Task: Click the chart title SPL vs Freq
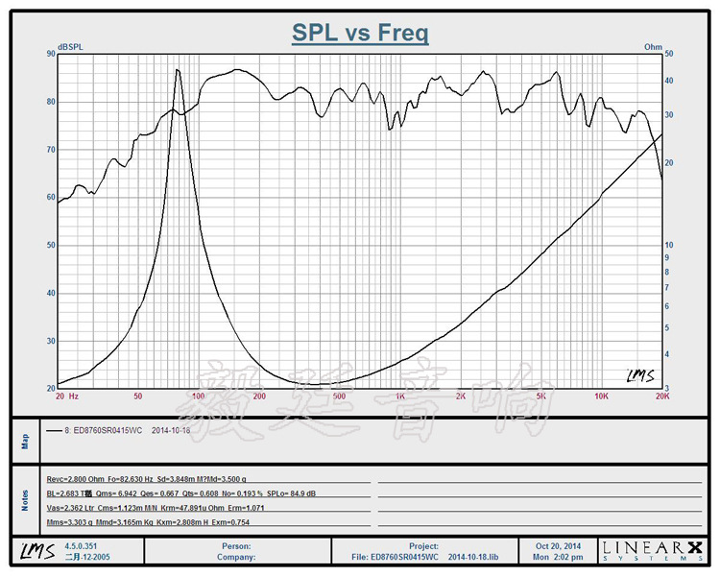coord(360,34)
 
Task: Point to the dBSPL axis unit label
coord(69,46)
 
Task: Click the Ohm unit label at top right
coord(654,46)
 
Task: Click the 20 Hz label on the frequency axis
coord(67,396)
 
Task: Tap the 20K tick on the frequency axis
coord(660,396)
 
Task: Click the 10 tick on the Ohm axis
coord(669,245)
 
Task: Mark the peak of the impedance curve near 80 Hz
coord(177,70)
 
